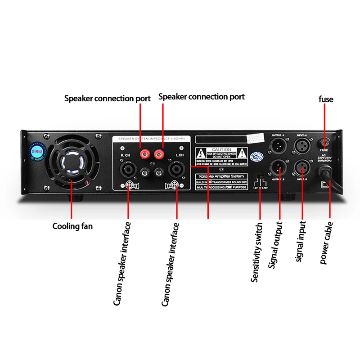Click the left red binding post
[145, 155]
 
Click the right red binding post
[158, 155]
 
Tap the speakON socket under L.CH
[175, 170]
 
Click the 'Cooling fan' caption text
[72, 226]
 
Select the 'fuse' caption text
[326, 99]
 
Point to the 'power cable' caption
[327, 243]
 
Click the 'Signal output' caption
[275, 245]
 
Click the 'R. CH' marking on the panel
[126, 155]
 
